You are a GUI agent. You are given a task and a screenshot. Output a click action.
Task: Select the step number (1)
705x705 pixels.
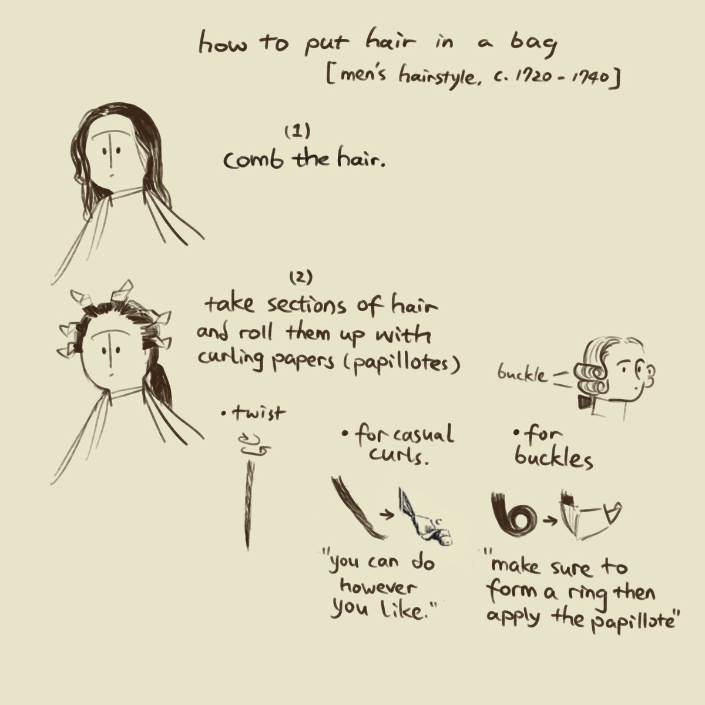point(297,131)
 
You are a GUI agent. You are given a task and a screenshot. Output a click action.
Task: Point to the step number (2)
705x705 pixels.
point(301,278)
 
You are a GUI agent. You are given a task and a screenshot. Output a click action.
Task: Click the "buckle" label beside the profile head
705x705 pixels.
point(522,374)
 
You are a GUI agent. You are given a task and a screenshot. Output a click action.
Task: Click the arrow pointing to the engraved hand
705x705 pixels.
point(387,515)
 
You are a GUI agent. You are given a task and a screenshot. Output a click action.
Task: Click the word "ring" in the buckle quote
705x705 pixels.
point(589,592)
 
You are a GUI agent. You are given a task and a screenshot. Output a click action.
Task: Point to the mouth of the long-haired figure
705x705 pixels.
point(112,175)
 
